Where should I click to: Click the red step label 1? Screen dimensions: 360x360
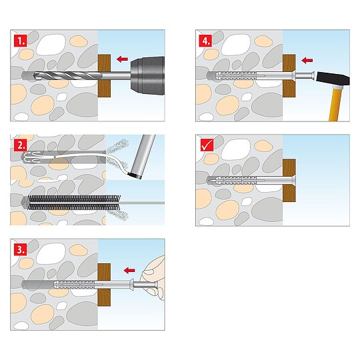tap(21, 41)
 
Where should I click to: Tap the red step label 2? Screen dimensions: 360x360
tap(21, 145)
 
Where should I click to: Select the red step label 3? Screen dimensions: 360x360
tap(21, 249)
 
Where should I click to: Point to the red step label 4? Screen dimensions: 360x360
tap(205, 41)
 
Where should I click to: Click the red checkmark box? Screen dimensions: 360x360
tap(207, 145)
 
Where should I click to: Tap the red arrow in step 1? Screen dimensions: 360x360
tap(122, 59)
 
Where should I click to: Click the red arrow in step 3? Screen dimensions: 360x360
tap(129, 270)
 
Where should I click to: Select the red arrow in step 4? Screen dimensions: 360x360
tap(307, 61)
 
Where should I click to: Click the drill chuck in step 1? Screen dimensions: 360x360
tap(147, 75)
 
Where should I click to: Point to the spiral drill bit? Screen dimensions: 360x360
tap(68, 75)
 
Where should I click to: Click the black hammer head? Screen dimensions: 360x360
tap(333, 79)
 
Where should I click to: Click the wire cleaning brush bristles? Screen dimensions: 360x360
tap(74, 203)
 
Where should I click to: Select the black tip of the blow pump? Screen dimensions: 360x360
tap(135, 175)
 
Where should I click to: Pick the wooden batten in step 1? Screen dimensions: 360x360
tap(104, 75)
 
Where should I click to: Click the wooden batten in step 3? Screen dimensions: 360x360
tap(104, 285)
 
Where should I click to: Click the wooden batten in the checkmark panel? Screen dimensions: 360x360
tap(289, 180)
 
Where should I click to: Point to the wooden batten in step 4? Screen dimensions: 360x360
tap(289, 76)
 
